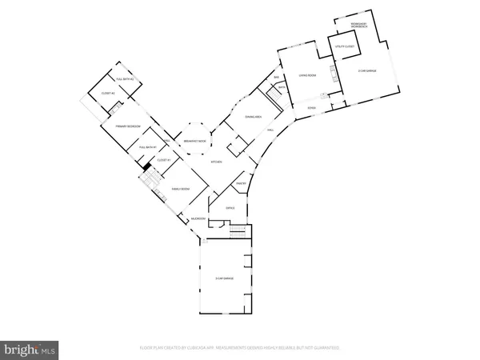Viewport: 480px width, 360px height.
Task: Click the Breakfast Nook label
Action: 196,141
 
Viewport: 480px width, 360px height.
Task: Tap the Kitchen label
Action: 215,162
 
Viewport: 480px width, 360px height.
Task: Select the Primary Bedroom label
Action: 117,126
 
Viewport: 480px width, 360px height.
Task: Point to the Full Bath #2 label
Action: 124,79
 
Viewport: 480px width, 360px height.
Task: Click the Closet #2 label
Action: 108,94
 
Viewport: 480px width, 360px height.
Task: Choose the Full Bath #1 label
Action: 146,147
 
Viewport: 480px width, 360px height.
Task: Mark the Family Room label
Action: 180,189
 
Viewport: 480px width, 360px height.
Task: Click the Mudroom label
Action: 198,218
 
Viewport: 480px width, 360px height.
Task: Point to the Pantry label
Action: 241,184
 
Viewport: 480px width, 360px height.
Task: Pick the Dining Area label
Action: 254,118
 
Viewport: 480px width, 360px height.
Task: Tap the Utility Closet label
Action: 344,49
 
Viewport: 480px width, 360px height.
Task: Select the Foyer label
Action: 312,107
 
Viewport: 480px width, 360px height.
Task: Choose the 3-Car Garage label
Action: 224,278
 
